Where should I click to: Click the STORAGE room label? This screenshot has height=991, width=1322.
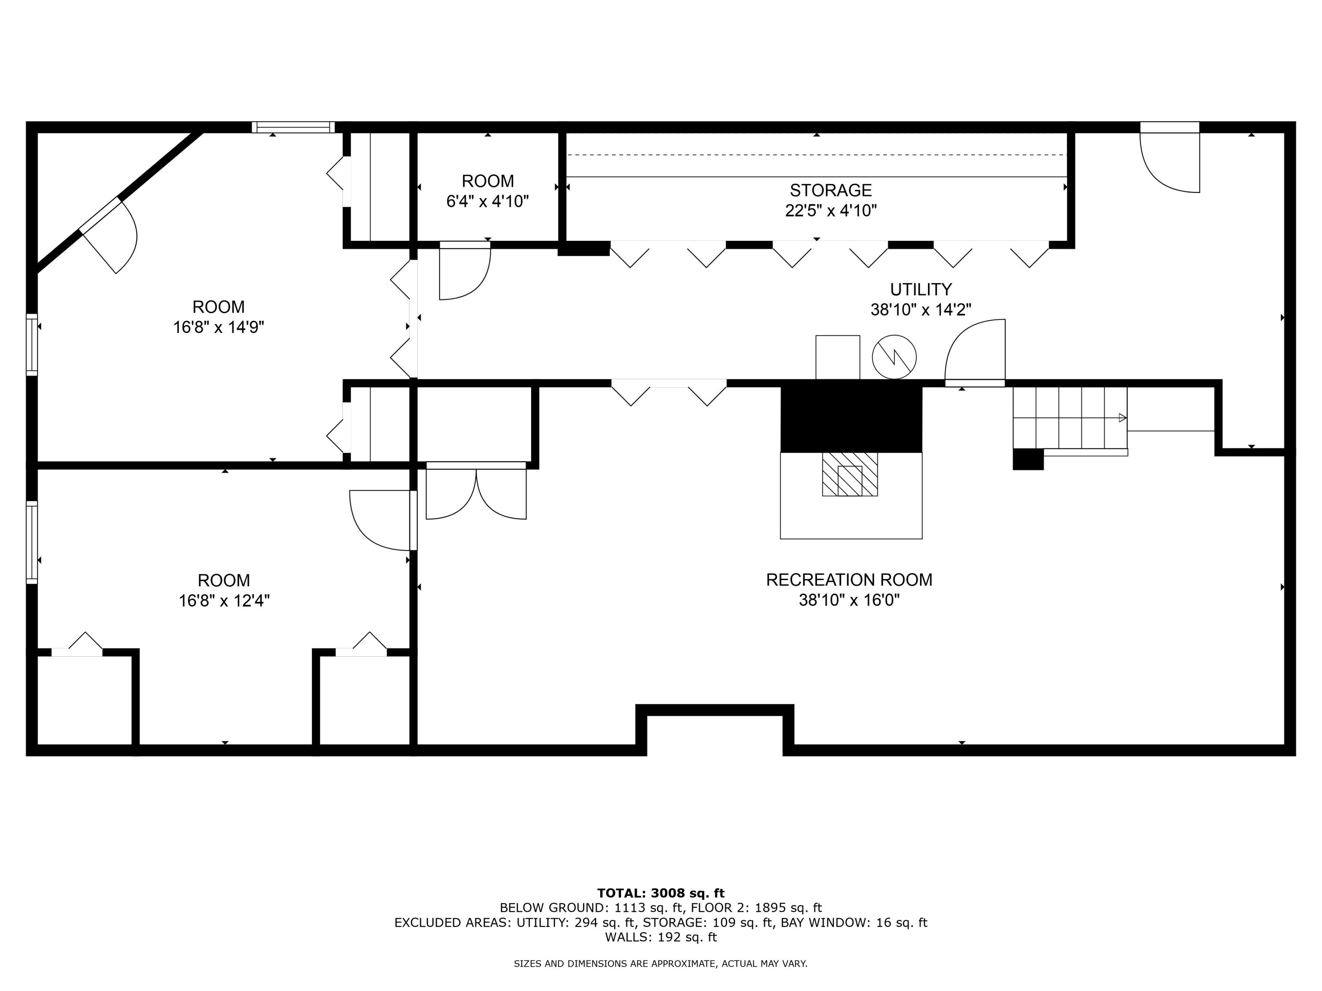pyautogui.click(x=830, y=190)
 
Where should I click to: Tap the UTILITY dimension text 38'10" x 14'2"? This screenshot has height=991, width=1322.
pyautogui.click(x=921, y=310)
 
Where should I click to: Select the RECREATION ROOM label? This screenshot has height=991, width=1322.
pyautogui.click(x=849, y=580)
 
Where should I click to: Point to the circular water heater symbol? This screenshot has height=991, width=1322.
pyautogui.click(x=894, y=357)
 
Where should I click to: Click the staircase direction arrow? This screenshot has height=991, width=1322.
pyautogui.click(x=1122, y=418)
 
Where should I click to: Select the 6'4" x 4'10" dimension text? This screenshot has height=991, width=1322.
pyautogui.click(x=488, y=201)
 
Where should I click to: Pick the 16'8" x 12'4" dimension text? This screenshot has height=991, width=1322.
pyautogui.click(x=224, y=600)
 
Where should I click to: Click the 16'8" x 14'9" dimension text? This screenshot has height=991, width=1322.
pyautogui.click(x=219, y=327)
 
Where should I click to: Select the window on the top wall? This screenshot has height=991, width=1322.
pyautogui.click(x=293, y=127)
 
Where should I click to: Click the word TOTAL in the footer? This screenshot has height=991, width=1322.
pyautogui.click(x=621, y=893)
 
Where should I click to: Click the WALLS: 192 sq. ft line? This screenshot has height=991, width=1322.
pyautogui.click(x=661, y=937)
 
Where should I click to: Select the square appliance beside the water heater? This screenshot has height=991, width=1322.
pyautogui.click(x=837, y=357)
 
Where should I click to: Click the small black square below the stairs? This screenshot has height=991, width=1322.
pyautogui.click(x=1028, y=459)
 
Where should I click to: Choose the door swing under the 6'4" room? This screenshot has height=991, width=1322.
pyautogui.click(x=464, y=272)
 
